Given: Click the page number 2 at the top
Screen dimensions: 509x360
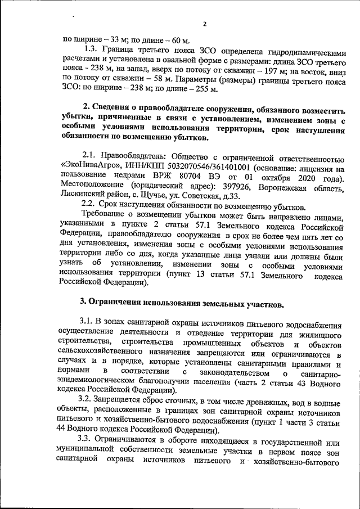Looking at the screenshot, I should [x=205, y=24].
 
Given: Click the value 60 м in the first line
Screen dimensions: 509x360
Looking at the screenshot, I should [x=179, y=39].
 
